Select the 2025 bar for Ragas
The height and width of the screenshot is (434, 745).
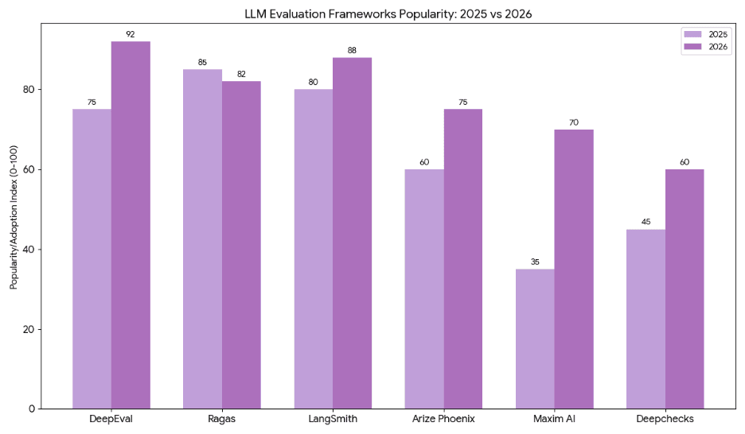point(202,238)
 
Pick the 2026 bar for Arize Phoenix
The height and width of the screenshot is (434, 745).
point(463,258)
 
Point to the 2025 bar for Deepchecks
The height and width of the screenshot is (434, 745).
point(646,319)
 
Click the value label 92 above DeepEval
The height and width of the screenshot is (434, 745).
point(131,34)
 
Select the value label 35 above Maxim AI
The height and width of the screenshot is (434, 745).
point(535,262)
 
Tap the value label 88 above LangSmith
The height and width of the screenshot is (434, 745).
point(352,50)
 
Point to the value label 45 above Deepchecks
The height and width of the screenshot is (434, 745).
point(646,222)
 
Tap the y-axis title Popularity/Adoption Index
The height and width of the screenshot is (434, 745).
point(14,219)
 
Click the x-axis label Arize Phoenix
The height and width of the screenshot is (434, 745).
point(443,420)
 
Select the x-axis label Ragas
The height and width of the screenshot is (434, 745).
point(221,420)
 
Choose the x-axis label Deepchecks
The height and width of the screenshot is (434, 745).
point(665,420)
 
